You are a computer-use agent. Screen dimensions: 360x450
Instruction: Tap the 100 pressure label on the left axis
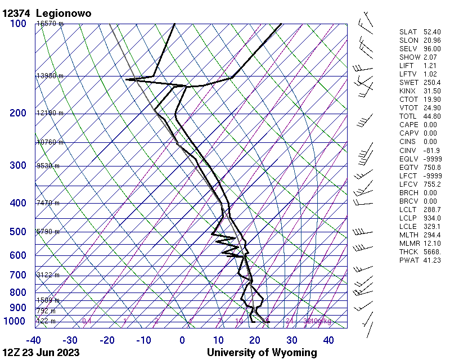[17, 24]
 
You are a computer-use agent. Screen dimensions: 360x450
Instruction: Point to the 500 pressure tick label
[17, 232]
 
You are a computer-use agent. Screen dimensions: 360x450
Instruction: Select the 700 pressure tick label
[17, 275]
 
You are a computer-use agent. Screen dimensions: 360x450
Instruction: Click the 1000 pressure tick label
[15, 321]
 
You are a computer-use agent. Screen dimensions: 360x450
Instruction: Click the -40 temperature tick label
[33, 340]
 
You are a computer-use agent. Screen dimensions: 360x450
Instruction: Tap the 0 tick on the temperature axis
[182, 340]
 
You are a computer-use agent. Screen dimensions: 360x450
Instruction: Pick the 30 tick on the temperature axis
[291, 340]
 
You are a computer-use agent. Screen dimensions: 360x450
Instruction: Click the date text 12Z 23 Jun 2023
[40, 353]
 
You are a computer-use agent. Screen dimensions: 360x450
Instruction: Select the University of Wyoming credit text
[262, 353]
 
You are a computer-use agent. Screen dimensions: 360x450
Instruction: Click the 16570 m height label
[50, 24]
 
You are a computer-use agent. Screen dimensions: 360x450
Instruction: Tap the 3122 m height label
[48, 275]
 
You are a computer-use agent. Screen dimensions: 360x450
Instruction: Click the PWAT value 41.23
[431, 260]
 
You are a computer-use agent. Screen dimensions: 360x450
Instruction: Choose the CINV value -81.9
[431, 150]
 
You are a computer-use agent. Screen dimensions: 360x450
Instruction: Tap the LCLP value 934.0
[431, 218]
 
